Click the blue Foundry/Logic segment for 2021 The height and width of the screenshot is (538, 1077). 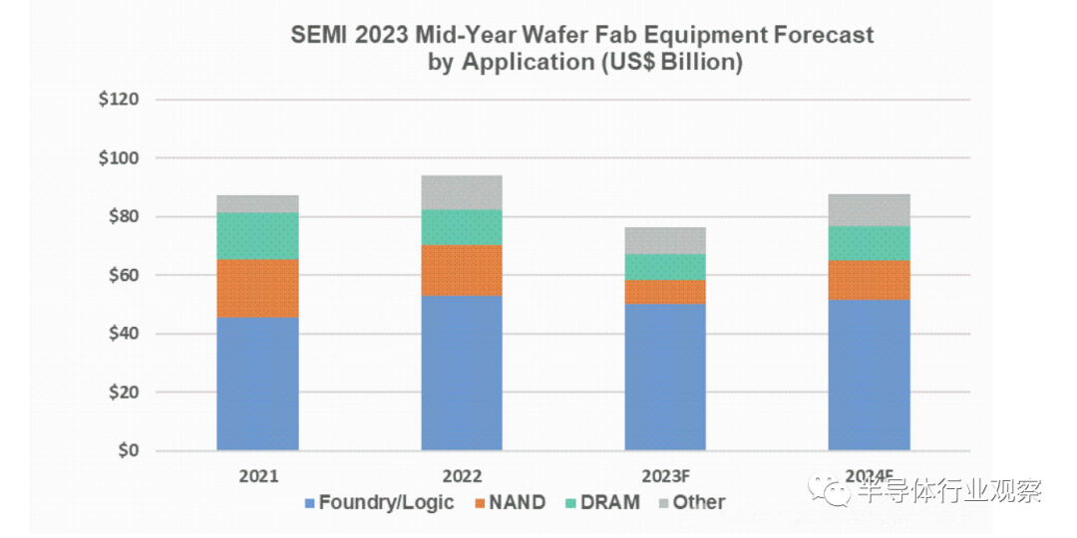tap(257, 384)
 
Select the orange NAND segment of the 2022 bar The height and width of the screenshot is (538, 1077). tap(462, 271)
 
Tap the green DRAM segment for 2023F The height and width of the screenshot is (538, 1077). tap(665, 267)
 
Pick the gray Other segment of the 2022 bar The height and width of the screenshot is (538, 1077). tap(462, 192)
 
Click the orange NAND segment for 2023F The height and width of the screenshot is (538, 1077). tap(665, 292)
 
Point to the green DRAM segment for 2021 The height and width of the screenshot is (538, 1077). tap(257, 236)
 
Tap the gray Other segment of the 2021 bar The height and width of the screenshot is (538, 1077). tap(257, 203)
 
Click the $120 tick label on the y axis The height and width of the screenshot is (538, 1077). tap(118, 101)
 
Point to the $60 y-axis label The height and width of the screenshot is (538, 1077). tap(122, 275)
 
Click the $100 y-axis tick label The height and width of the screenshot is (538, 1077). tap(118, 158)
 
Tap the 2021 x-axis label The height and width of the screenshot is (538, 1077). tap(258, 475)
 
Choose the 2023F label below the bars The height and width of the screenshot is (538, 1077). tap(666, 475)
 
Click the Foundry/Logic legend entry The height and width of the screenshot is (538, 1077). tap(379, 502)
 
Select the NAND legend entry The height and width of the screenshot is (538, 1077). tap(509, 502)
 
